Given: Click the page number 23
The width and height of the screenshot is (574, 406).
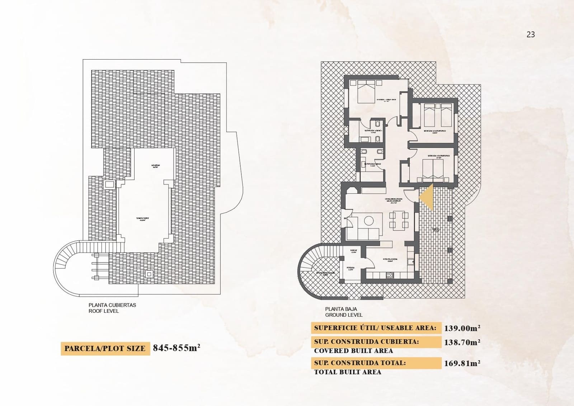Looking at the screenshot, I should click(x=531, y=34).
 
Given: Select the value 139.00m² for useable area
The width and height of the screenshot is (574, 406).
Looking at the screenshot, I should click(x=462, y=328).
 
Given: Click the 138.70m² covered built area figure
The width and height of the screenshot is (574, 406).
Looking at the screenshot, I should click(x=462, y=342).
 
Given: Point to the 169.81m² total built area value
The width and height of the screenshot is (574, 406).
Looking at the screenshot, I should click(x=462, y=363).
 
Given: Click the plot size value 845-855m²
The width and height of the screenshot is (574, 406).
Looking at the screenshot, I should click(x=177, y=348).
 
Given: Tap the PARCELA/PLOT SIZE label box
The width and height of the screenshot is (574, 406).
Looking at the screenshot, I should click(x=105, y=348).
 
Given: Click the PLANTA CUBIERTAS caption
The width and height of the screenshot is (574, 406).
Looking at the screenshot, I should click(x=112, y=305).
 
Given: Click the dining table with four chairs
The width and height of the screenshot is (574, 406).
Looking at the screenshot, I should click(x=399, y=221).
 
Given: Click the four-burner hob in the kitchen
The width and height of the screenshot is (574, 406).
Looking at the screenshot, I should click(x=389, y=275).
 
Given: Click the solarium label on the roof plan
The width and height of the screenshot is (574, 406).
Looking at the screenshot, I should click(x=156, y=166).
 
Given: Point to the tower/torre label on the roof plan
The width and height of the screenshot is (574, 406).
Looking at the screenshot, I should click(x=142, y=219).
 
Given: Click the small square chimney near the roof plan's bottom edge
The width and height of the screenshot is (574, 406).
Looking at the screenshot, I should click(x=149, y=274).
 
